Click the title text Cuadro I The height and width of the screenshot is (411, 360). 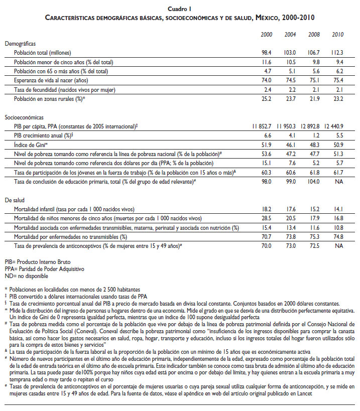(180, 9)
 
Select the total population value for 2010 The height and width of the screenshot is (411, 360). (336, 53)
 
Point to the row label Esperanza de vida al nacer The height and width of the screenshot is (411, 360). (45, 80)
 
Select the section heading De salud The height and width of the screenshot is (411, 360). (16, 200)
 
